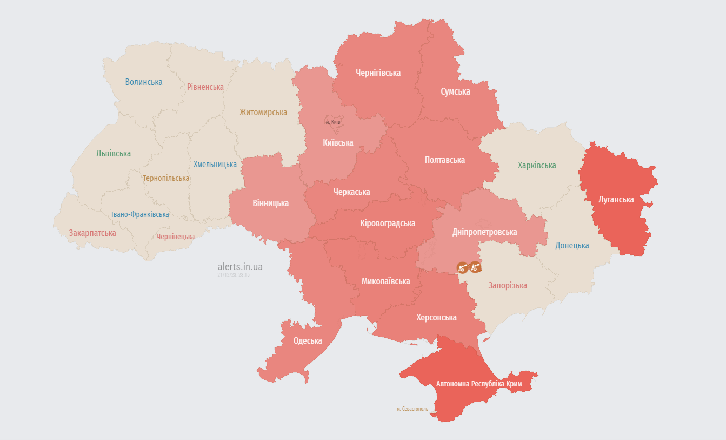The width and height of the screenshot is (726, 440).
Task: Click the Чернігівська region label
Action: pyautogui.click(x=378, y=73)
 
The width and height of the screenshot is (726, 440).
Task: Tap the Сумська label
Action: pyautogui.click(x=455, y=91)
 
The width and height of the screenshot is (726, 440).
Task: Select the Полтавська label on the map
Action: pyautogui.click(x=444, y=160)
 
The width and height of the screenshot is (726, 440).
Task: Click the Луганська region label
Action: pyautogui.click(x=616, y=199)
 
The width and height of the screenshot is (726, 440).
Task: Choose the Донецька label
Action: pyautogui.click(x=572, y=245)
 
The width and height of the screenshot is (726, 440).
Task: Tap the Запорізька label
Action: pyautogui.click(x=508, y=285)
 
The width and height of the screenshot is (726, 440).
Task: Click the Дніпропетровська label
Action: pyautogui.click(x=484, y=232)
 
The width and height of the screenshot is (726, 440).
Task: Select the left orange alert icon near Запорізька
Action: pyautogui.click(x=462, y=267)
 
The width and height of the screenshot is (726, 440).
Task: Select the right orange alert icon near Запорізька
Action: pyautogui.click(x=475, y=266)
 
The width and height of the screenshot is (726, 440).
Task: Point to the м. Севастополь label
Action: pyautogui.click(x=412, y=409)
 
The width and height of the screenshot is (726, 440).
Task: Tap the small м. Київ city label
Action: pyautogui.click(x=333, y=122)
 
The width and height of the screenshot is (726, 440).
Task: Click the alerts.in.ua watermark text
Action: pyautogui.click(x=240, y=267)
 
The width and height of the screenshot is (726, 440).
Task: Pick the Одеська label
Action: pyautogui.click(x=308, y=340)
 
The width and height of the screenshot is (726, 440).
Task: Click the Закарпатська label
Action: pyautogui.click(x=92, y=233)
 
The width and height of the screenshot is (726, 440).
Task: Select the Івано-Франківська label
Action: pyautogui.click(x=140, y=214)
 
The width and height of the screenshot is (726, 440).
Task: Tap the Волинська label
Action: pyautogui.click(x=144, y=82)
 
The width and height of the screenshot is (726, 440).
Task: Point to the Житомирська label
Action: pyautogui.click(x=263, y=112)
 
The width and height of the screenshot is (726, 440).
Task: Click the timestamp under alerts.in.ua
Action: pyautogui.click(x=234, y=275)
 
